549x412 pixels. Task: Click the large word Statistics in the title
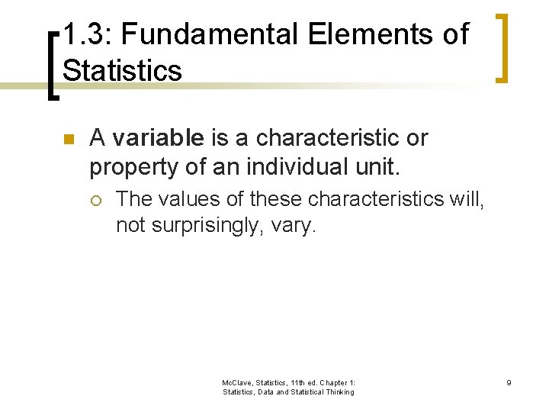click(x=122, y=70)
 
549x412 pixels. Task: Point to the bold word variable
click(x=158, y=138)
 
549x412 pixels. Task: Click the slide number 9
click(x=508, y=381)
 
